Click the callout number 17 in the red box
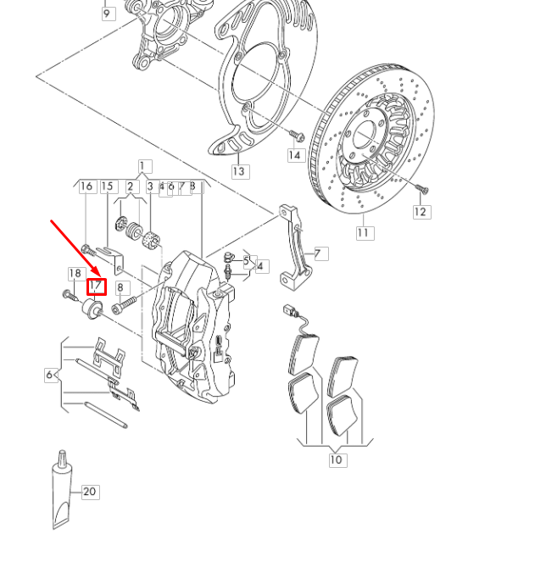tap(97, 287)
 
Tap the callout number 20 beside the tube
tap(90, 492)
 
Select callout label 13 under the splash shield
tap(240, 171)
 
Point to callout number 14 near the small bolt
tap(294, 155)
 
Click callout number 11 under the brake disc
tap(364, 232)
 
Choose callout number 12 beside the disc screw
tap(421, 212)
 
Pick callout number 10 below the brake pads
tap(337, 459)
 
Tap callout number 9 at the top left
tap(108, 14)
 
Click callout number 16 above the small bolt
tap(86, 186)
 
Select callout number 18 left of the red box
tap(75, 273)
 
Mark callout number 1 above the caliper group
tap(143, 167)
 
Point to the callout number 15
tap(107, 186)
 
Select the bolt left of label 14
tap(295, 134)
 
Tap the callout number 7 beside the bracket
tap(320, 253)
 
